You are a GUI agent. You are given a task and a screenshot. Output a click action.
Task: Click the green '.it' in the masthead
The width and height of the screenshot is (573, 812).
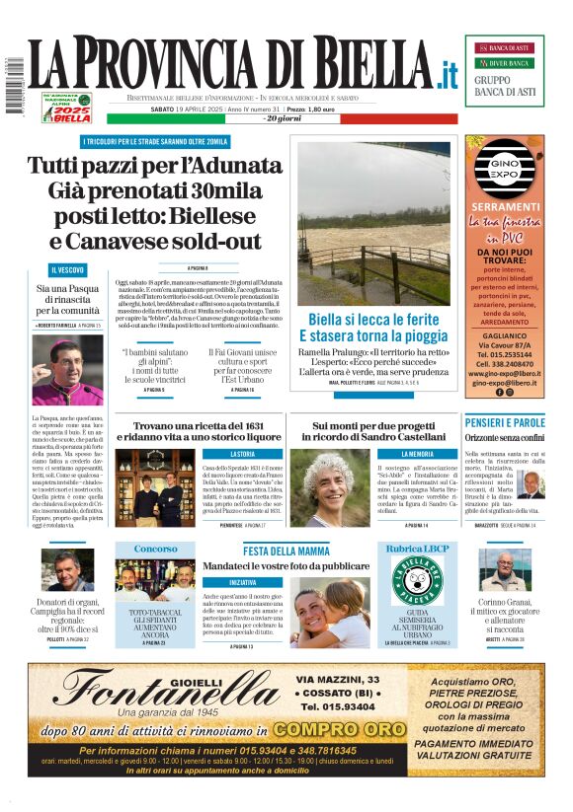coord(448,75)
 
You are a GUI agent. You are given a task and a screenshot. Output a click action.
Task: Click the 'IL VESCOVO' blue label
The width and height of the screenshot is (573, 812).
coord(67,269)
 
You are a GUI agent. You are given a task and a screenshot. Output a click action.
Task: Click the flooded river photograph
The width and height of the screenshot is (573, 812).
coord(373,223)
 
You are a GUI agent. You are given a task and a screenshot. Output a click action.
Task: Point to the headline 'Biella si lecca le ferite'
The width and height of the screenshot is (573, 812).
coord(373,320)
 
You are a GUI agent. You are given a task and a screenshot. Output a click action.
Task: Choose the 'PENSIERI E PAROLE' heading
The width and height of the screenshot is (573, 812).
coord(504,422)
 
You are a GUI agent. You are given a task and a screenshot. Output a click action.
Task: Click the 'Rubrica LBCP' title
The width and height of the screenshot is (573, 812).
coord(416,549)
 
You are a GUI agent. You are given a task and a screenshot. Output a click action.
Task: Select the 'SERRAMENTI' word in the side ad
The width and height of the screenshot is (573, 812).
coord(504,207)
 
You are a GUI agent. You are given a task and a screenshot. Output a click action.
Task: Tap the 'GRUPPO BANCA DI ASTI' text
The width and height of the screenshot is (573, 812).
coord(505,86)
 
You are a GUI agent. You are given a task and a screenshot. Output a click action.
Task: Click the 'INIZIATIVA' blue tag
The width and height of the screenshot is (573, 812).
coord(242,582)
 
